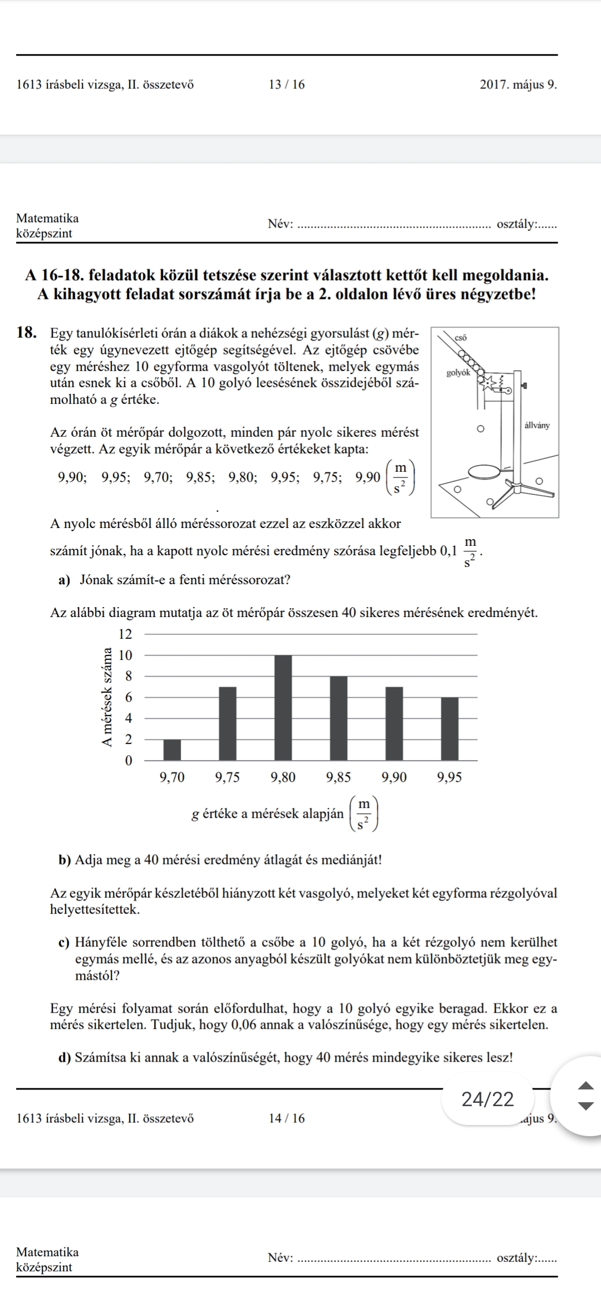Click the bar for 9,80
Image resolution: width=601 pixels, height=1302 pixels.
(283, 707)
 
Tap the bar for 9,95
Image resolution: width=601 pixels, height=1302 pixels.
(450, 728)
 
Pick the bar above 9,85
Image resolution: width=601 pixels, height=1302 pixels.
(338, 718)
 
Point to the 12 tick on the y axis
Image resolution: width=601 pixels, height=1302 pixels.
(126, 634)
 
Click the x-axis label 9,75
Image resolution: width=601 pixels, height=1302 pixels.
(227, 778)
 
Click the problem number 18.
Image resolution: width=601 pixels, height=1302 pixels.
(28, 333)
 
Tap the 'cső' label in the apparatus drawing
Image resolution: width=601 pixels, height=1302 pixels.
(461, 337)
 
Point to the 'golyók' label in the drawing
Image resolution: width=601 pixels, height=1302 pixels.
(459, 373)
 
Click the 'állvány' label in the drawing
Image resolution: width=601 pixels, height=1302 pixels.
(536, 426)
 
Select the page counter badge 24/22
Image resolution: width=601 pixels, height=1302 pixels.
(487, 1099)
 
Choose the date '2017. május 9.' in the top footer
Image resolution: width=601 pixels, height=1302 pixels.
(518, 85)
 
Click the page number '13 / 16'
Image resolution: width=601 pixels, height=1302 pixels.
(287, 85)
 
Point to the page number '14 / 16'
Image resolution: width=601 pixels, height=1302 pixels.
(287, 1118)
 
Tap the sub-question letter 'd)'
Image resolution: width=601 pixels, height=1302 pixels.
(66, 1057)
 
